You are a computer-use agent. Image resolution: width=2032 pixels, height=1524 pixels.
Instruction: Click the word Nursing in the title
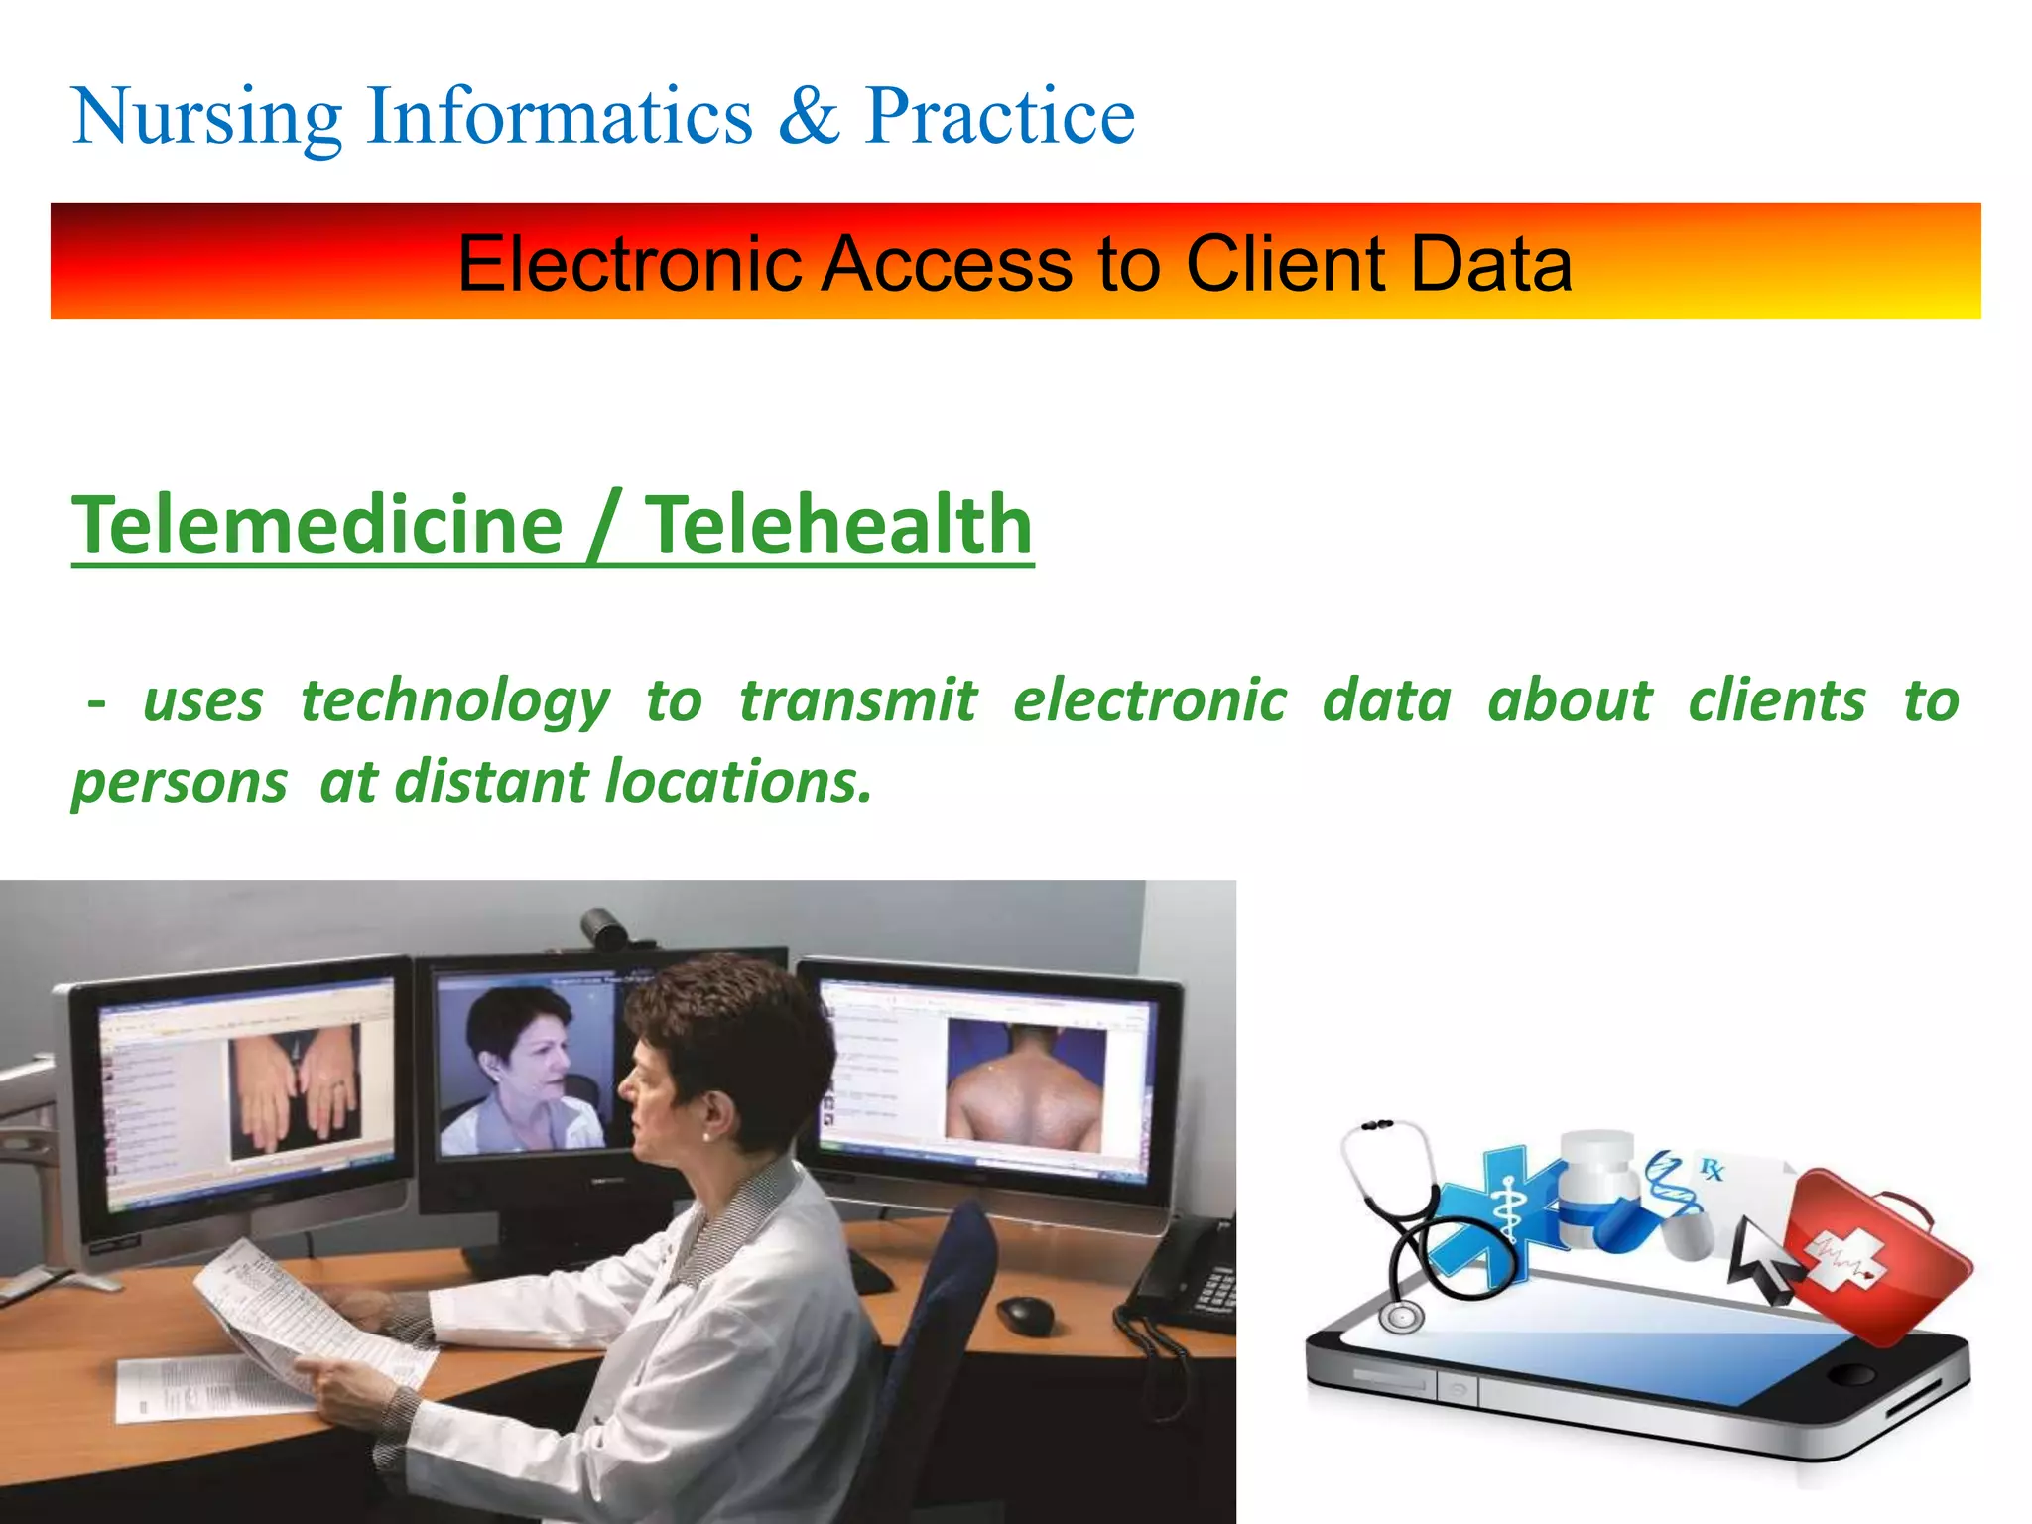click(206, 117)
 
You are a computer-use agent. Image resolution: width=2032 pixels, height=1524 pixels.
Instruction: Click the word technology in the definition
click(454, 702)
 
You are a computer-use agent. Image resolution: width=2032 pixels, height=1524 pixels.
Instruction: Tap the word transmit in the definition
click(858, 700)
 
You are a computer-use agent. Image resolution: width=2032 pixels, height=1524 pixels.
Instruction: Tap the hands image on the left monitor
click(296, 1091)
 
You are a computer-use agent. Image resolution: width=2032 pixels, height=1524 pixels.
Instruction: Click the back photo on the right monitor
click(1026, 1087)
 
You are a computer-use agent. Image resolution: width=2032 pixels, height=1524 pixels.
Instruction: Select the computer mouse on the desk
click(1024, 1315)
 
